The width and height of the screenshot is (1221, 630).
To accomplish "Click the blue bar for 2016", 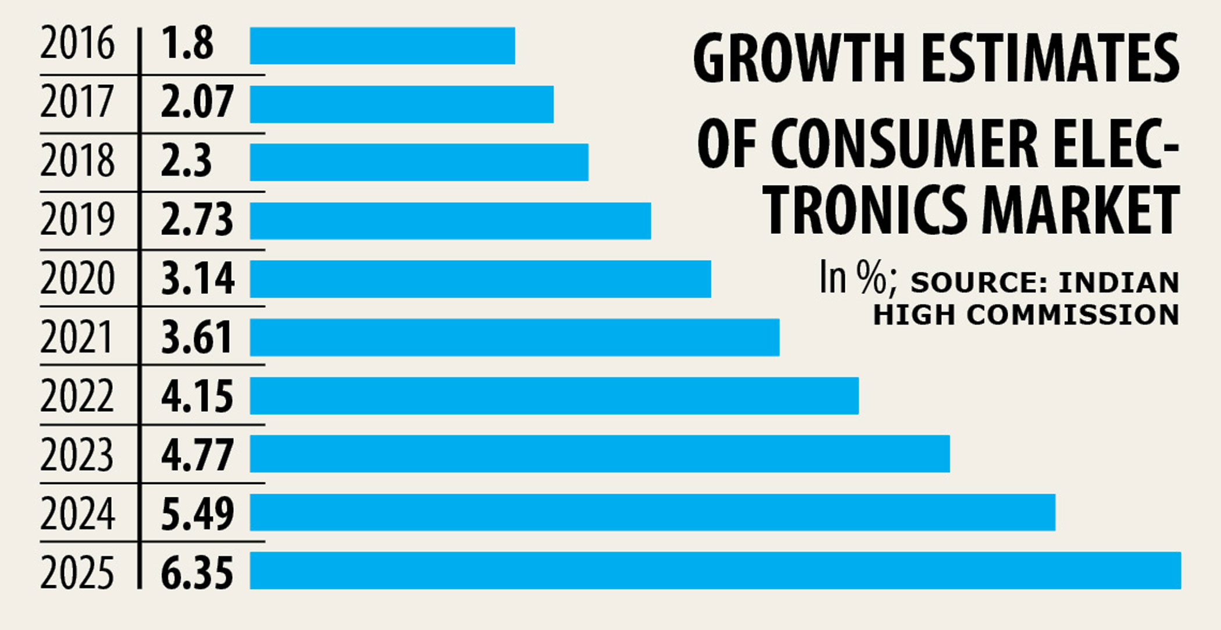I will click(382, 45).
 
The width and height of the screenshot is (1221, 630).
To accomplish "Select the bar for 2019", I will click(450, 220).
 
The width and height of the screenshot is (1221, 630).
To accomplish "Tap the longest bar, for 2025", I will click(715, 570).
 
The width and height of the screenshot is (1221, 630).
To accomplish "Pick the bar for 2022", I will click(554, 396).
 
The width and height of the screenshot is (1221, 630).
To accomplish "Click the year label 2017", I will click(77, 102).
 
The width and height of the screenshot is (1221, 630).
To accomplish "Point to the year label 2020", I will click(77, 279).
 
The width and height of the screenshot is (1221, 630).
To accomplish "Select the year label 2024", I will click(77, 513).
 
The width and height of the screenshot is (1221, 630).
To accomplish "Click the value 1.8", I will click(187, 44).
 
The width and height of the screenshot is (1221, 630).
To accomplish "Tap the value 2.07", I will click(197, 102).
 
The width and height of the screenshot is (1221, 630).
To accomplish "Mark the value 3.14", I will click(198, 279).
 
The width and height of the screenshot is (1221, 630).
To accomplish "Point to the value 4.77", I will click(197, 455).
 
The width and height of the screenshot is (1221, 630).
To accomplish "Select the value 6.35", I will click(197, 572).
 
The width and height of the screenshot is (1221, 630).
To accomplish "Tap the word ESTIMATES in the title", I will click(1051, 58).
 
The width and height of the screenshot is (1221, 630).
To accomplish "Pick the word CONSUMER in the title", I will click(905, 144).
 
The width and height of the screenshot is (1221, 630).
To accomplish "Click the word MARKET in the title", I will click(1080, 210).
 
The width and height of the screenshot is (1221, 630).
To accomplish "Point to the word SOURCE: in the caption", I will click(979, 283).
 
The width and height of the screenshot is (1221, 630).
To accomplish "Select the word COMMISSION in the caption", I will click(1073, 315).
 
